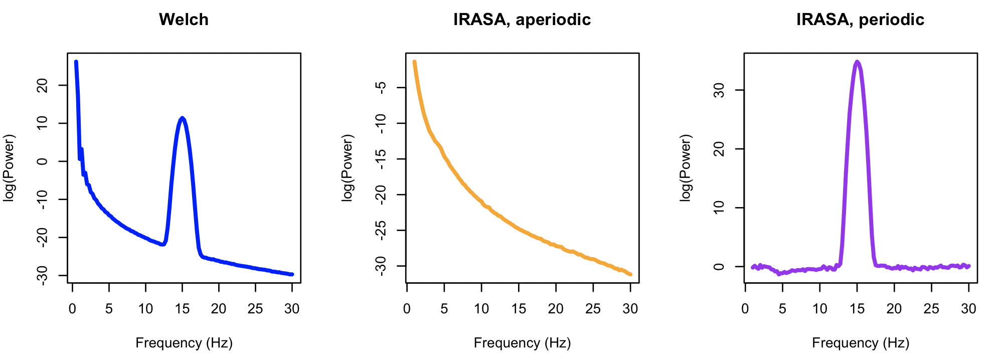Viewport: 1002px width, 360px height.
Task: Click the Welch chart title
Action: point(184,20)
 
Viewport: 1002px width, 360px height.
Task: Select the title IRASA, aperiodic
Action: point(522,20)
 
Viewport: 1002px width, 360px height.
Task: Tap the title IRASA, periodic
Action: point(860,20)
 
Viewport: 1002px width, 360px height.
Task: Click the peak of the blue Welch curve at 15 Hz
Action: point(182,118)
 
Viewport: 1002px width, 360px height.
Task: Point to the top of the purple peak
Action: point(857,62)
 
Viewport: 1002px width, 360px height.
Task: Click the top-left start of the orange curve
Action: point(414,62)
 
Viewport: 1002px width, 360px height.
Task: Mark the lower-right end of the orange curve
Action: point(630,274)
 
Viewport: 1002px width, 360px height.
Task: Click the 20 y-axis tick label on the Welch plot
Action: point(43,85)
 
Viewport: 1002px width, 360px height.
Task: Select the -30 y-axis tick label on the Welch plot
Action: point(43,275)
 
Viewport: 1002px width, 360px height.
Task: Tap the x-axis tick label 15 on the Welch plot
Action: point(182,308)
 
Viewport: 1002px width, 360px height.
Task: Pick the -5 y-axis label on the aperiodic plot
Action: point(381,87)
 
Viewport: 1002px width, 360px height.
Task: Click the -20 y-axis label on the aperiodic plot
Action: point(381,195)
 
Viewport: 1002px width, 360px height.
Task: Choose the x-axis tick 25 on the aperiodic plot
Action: point(593,308)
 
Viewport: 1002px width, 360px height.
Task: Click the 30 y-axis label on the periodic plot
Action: point(719,90)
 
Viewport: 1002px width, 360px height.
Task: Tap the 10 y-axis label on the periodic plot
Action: point(719,208)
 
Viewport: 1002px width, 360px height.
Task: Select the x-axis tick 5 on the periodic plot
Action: point(782,308)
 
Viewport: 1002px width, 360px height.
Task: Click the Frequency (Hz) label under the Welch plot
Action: point(184,343)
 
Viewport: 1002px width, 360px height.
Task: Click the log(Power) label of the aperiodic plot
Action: point(347,168)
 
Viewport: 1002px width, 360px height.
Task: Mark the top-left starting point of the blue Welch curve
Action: point(76,62)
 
